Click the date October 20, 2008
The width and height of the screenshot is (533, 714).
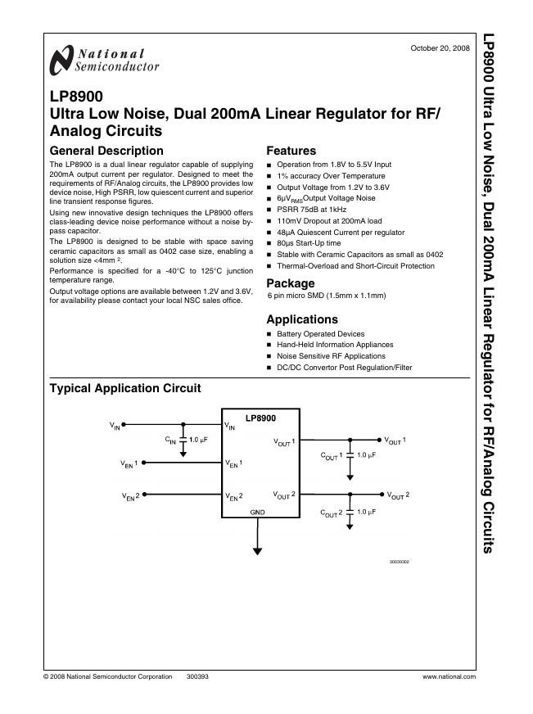click(440, 48)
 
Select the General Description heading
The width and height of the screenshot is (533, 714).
click(106, 151)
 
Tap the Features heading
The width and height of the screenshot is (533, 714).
click(291, 151)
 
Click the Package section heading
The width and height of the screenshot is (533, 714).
click(291, 283)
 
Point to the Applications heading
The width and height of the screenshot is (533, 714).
click(302, 319)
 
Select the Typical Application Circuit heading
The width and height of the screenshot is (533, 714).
click(125, 388)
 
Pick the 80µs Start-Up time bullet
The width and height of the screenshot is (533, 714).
click(309, 243)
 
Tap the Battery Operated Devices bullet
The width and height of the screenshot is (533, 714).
click(321, 334)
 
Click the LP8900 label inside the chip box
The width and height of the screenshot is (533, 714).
click(260, 418)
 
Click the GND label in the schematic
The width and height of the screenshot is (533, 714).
click(258, 511)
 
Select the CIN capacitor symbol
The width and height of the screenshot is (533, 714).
click(183, 441)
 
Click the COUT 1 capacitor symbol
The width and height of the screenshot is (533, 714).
click(350, 454)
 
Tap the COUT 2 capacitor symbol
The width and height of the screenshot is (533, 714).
click(350, 511)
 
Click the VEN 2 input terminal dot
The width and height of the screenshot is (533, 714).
click(145, 495)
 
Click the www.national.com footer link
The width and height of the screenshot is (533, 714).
click(449, 677)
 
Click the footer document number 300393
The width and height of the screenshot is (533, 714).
click(198, 677)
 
